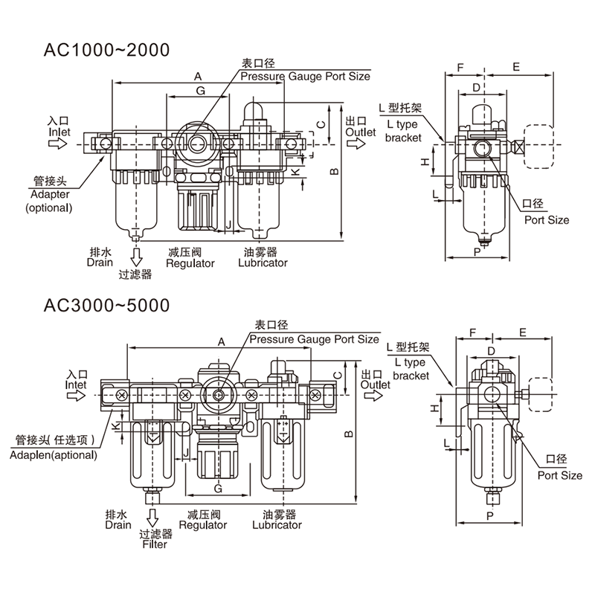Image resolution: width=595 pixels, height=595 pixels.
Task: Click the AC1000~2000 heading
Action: [106, 50]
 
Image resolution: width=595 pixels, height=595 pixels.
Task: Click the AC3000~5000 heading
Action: [106, 306]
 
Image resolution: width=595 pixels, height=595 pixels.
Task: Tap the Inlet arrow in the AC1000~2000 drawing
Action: [58, 144]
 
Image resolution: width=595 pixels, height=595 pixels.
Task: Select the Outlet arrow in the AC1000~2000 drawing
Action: [356, 144]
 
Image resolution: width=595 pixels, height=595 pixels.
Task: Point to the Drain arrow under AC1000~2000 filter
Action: [136, 257]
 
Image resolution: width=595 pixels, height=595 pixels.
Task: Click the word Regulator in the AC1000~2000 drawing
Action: [190, 263]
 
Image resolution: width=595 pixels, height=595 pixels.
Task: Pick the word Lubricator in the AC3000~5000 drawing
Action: [277, 525]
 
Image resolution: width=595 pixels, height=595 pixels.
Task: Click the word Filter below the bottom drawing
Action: [155, 544]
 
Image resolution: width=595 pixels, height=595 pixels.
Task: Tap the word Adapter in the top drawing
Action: [50, 194]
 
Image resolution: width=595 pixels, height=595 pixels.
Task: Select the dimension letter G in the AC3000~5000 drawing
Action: [218, 489]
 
